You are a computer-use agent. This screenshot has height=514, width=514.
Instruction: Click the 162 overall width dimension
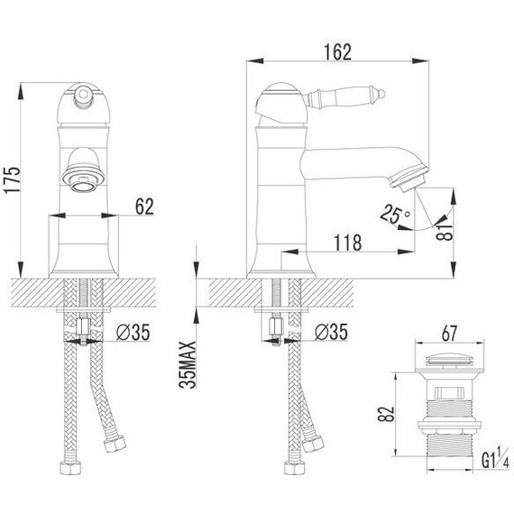point(337,52)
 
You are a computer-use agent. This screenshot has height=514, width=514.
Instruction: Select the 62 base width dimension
point(144,207)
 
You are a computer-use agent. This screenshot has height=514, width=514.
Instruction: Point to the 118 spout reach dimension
point(348,243)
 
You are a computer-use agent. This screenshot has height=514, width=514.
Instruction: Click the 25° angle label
point(395,214)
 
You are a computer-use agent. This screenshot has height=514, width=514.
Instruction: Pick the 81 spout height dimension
point(445,233)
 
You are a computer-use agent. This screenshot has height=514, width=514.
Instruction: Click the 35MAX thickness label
point(188,364)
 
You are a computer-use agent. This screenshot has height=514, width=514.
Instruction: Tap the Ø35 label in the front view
point(133,332)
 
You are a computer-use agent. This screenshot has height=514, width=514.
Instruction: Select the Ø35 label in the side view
point(331,332)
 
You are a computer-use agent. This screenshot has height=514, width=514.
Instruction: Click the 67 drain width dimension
point(449,334)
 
